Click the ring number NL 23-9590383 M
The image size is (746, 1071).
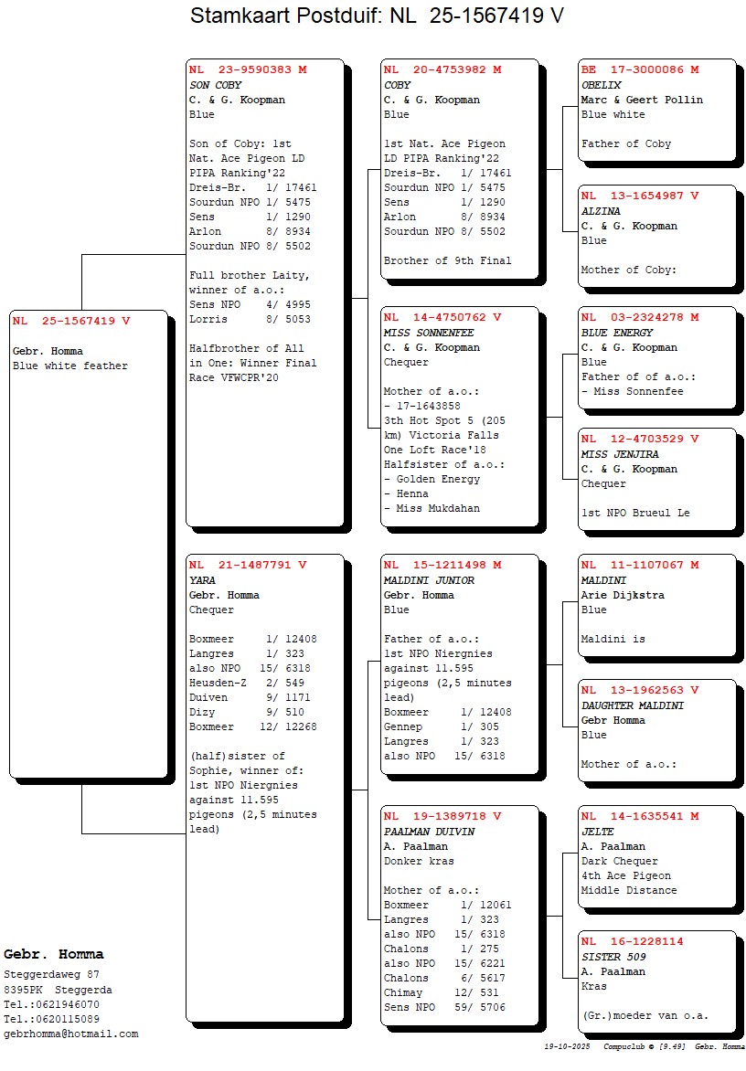248,69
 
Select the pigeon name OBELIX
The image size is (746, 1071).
601,85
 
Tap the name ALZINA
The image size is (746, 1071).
601,211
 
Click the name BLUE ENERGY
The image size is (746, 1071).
617,333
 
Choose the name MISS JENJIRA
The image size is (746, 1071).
620,454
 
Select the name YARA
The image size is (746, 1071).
203,580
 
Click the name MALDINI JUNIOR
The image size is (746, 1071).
429,580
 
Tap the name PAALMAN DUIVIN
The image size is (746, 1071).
429,832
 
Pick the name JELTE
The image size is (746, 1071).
598,832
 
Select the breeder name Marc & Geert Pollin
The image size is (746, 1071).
642,100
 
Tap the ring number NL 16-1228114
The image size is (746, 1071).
632,941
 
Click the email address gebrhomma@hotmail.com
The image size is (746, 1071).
71,1034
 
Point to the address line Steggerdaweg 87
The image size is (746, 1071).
52,975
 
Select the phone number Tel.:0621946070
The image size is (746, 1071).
52,1004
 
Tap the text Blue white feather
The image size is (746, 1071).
70,366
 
